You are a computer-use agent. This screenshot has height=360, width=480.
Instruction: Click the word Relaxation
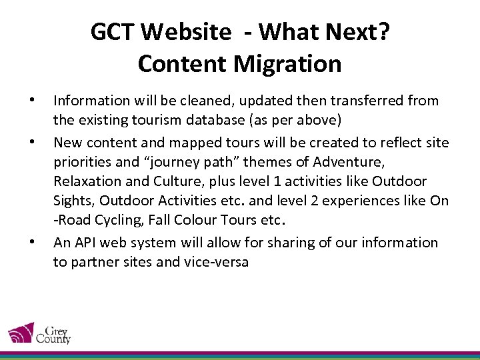(x=86, y=181)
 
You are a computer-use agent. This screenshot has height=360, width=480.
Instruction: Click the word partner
(x=93, y=262)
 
